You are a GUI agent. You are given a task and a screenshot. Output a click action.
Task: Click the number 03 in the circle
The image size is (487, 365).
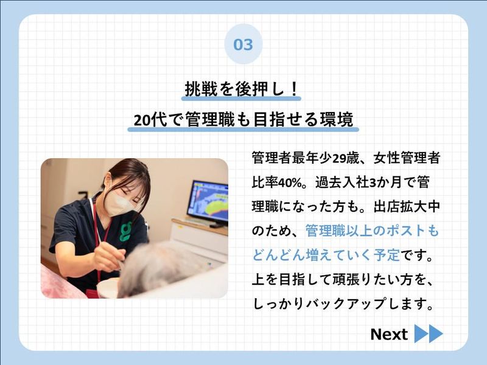click(x=243, y=44)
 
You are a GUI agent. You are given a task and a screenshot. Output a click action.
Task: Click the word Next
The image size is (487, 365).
click(x=389, y=334)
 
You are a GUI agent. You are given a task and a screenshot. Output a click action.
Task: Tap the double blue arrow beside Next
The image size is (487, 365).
click(x=429, y=334)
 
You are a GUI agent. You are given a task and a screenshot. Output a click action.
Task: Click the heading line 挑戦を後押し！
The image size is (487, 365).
click(x=243, y=89)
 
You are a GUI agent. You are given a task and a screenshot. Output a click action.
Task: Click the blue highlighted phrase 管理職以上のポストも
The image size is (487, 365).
click(x=372, y=231)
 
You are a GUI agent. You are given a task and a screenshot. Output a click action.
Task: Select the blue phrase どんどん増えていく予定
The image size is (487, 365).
click(x=326, y=254)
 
